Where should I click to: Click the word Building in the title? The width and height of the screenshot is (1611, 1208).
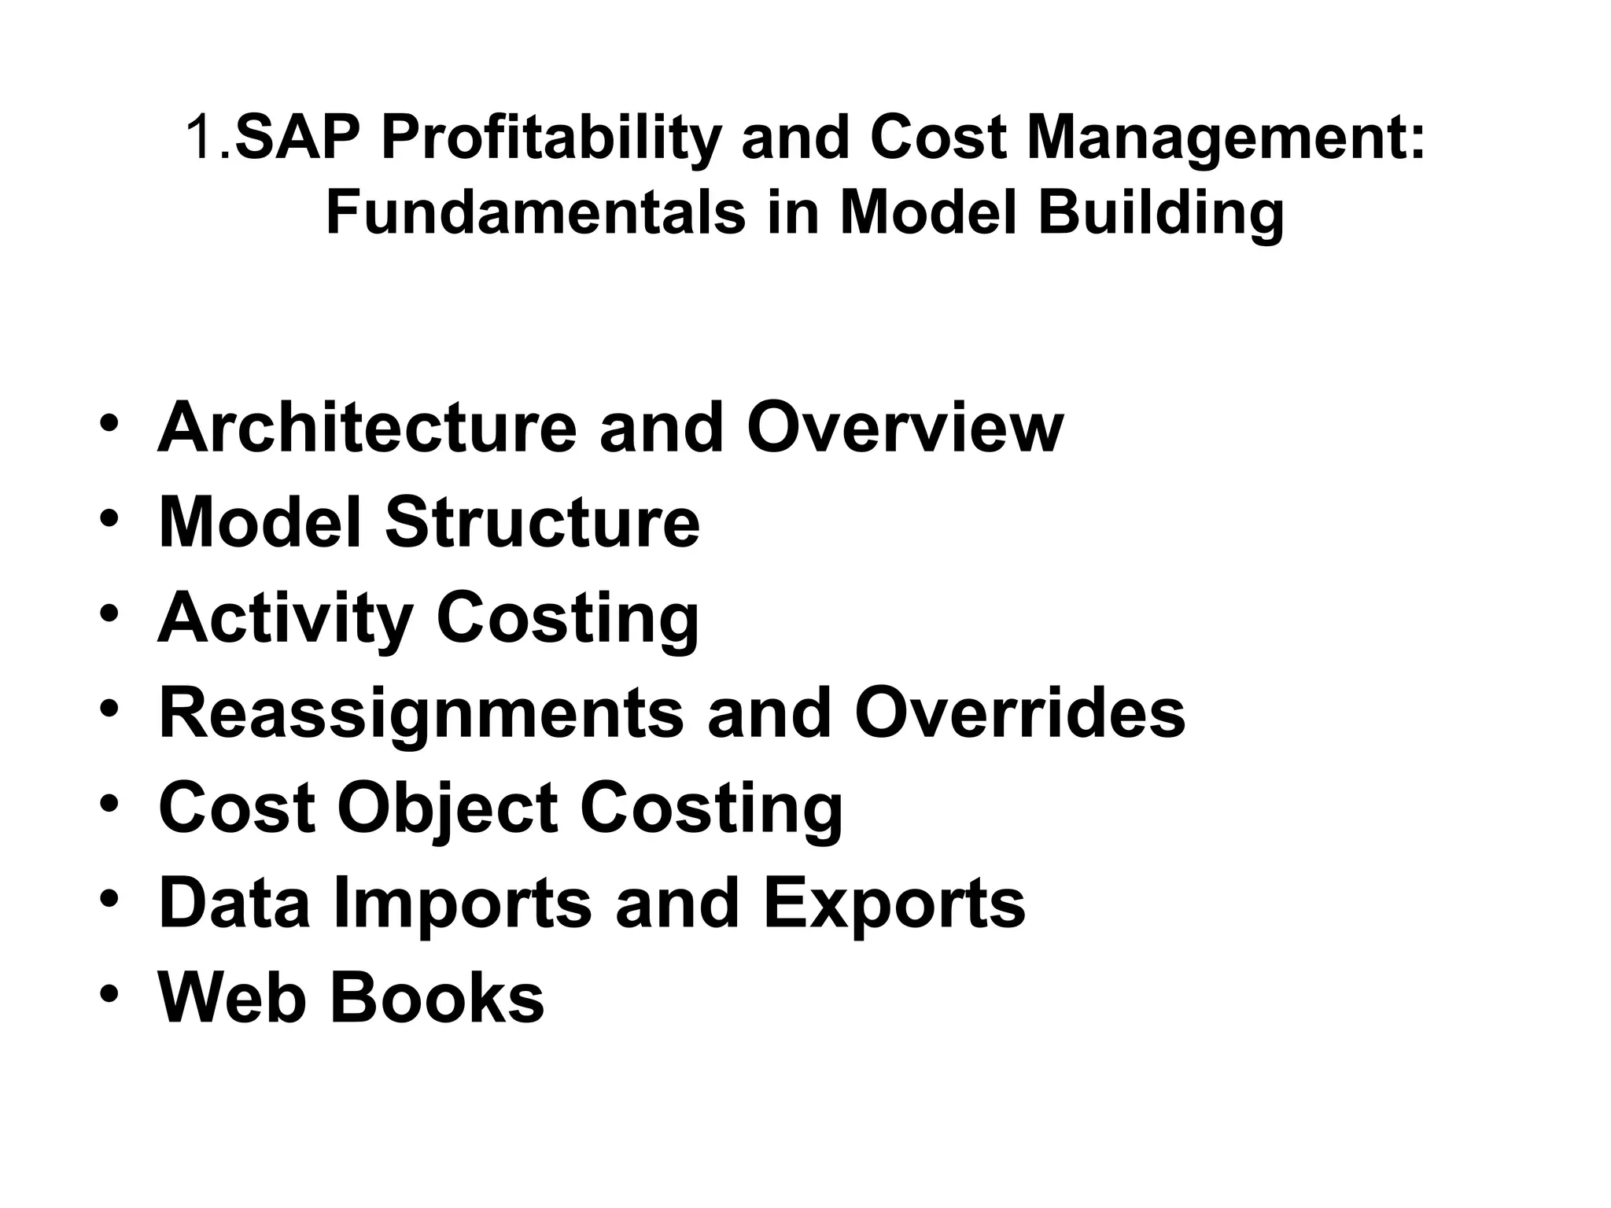1160,214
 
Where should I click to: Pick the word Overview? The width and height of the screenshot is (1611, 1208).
905,428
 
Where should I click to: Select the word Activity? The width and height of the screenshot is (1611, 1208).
285,620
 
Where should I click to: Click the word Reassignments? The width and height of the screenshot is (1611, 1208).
421,714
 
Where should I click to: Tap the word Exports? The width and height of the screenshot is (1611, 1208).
894,904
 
